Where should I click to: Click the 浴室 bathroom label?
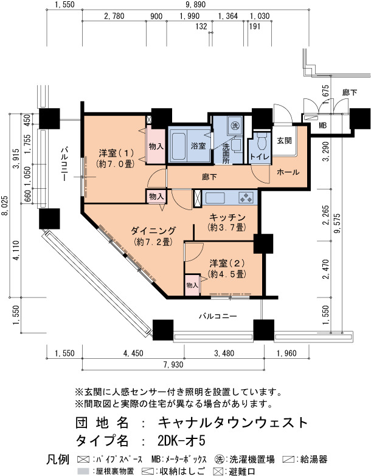point(198,146)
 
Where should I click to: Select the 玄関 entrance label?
point(285,141)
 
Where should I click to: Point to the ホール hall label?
point(288,172)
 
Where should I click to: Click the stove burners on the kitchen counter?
point(246,197)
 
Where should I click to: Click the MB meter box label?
point(322,125)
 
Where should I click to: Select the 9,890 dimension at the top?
point(196,5)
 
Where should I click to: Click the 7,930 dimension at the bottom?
point(173,364)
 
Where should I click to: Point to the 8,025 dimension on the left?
point(5,206)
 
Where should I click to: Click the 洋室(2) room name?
point(227,263)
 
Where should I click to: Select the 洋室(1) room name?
point(116,152)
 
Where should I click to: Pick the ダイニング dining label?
point(153,231)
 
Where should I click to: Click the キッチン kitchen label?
point(227,217)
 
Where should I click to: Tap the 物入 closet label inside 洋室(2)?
point(192,285)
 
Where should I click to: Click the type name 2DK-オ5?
point(181,441)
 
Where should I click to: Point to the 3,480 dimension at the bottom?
point(224,353)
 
